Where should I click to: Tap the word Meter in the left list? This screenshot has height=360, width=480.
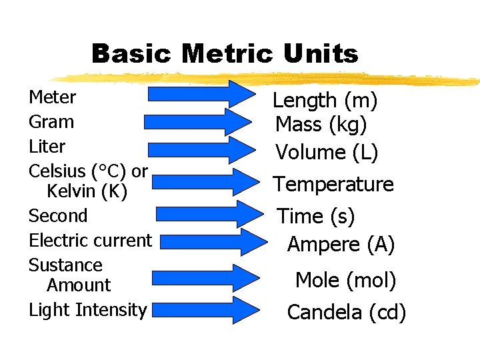pyautogui.click(x=53, y=97)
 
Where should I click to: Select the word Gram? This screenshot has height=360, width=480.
pyautogui.click(x=51, y=122)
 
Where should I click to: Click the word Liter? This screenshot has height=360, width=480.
pyautogui.click(x=47, y=147)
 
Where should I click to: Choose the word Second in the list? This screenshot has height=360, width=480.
pyautogui.click(x=58, y=216)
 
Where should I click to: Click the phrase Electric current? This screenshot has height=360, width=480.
pyautogui.click(x=91, y=240)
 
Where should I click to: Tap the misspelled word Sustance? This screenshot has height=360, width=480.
pyautogui.click(x=65, y=265)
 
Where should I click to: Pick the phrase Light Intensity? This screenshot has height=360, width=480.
pyautogui.click(x=87, y=310)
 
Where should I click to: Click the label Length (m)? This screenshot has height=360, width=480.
pyautogui.click(x=325, y=101)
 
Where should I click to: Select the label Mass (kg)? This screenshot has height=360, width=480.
pyautogui.click(x=321, y=125)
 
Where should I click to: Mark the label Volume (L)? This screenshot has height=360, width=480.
pyautogui.click(x=327, y=153)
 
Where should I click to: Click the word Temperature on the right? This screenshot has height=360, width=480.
pyautogui.click(x=333, y=185)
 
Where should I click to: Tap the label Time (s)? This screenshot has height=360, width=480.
pyautogui.click(x=316, y=217)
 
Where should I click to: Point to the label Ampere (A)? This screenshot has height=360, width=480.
pyautogui.click(x=341, y=245)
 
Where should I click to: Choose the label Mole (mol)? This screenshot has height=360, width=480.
pyautogui.click(x=345, y=281)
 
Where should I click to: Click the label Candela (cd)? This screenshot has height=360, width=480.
pyautogui.click(x=346, y=312)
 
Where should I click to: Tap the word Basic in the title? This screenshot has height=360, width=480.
pyautogui.click(x=132, y=54)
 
